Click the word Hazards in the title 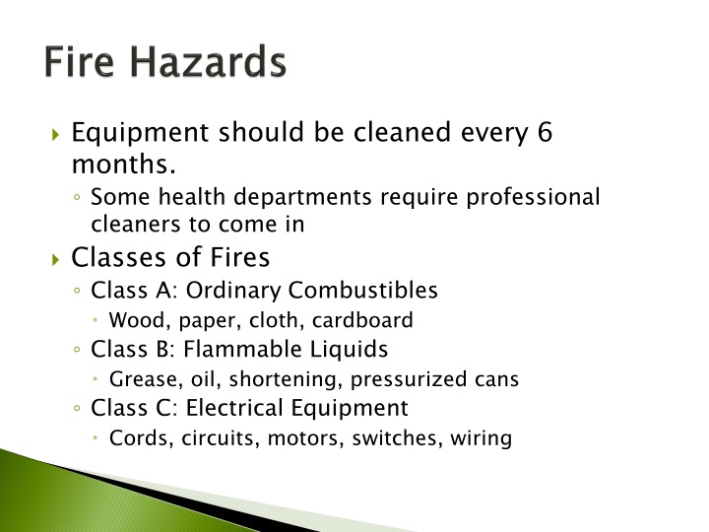[209, 62]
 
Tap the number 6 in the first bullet [545, 131]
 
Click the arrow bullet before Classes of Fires [56, 258]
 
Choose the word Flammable [226, 349]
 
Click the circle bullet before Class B [77, 350]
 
